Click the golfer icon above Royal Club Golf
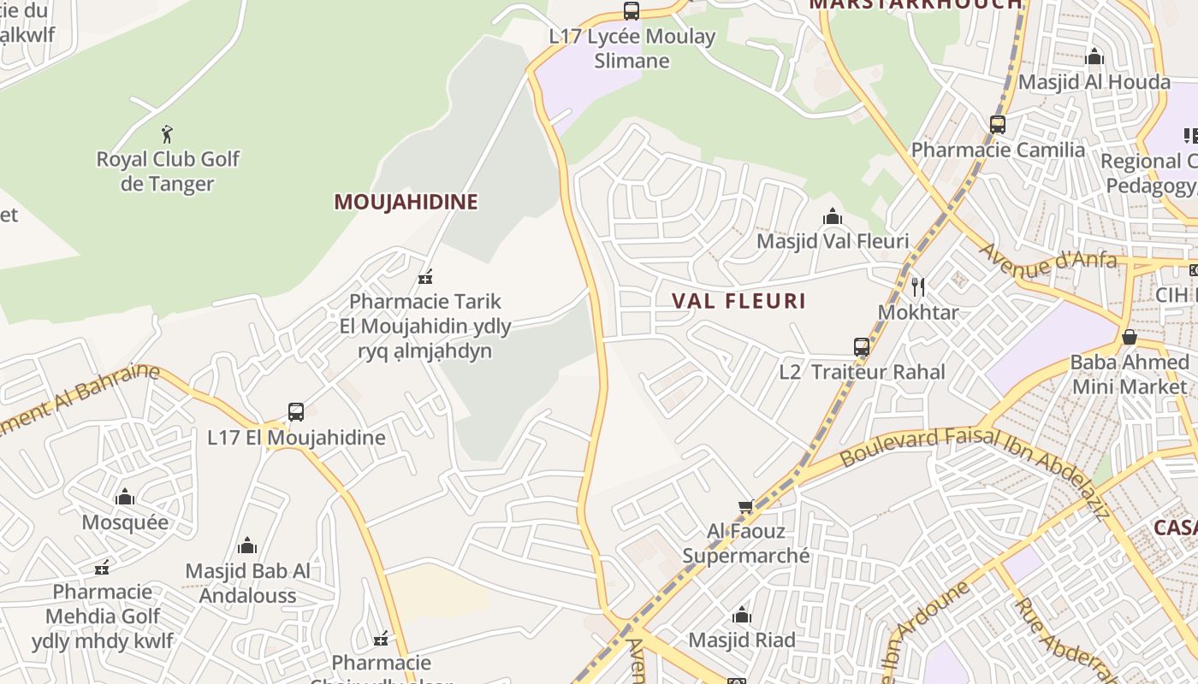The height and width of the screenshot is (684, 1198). coord(168,134)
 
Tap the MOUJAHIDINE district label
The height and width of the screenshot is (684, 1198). coord(406,202)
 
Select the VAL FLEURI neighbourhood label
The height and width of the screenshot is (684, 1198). coord(738,301)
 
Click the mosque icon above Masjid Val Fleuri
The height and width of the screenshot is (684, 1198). coord(833,217)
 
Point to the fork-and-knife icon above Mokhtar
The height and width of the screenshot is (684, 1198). coord(918,286)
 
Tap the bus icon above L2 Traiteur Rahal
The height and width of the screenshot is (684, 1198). coord(862,347)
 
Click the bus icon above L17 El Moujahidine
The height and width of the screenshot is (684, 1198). coord(296,412)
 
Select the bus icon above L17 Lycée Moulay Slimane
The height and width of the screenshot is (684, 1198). coord(632,11)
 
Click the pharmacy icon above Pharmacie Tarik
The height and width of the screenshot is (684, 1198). coord(425,276)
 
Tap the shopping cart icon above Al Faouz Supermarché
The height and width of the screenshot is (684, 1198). coord(746,507)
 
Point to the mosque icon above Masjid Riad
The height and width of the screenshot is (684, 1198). coord(742,615)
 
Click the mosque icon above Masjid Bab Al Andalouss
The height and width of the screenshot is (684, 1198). coord(248,545)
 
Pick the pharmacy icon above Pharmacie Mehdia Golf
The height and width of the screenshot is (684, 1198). coord(103,567)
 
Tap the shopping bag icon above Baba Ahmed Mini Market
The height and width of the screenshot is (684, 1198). coord(1130,337)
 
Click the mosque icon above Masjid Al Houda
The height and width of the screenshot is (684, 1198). coord(1094,57)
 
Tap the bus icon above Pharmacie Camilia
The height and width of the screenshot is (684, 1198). coord(998,125)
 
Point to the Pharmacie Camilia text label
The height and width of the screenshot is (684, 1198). coord(998,150)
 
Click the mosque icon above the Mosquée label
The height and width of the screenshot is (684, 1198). coord(125,497)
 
